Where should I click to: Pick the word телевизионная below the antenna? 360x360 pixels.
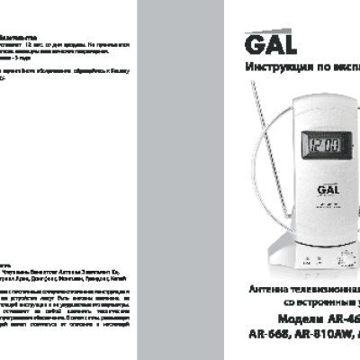[320, 290]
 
